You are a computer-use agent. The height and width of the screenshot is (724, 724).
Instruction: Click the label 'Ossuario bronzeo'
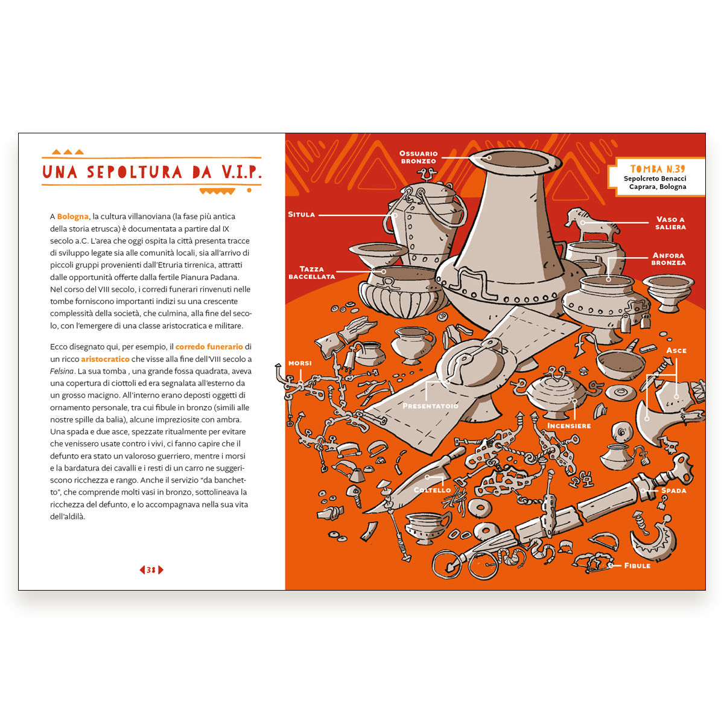[418, 157]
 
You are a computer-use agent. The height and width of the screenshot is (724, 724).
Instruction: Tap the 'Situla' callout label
[301, 215]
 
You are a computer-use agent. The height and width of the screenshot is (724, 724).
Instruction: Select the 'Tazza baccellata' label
[311, 272]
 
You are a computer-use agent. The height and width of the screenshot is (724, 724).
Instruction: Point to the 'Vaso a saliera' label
[671, 223]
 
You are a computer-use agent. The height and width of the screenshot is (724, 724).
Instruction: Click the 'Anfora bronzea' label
[668, 259]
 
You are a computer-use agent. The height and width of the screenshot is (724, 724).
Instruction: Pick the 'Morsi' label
[300, 363]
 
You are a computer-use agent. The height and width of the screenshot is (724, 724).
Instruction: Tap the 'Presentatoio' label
[430, 406]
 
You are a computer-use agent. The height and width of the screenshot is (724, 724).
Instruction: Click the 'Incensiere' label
[569, 426]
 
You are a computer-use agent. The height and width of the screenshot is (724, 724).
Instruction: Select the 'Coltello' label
[432, 490]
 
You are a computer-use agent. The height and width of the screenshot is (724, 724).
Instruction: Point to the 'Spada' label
[674, 491]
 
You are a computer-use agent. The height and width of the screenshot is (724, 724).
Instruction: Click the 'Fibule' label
[637, 565]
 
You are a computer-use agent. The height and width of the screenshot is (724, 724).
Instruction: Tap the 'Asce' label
[676, 350]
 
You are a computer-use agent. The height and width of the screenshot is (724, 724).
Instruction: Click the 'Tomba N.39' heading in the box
[658, 169]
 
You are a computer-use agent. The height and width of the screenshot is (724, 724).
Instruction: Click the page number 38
[151, 570]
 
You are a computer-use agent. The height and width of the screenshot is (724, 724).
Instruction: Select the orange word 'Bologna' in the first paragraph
[72, 217]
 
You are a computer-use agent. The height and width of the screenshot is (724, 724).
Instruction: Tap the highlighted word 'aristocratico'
[105, 359]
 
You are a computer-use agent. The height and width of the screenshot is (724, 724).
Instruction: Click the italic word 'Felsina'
[62, 371]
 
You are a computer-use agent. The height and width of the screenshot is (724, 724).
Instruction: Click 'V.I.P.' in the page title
[241, 172]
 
